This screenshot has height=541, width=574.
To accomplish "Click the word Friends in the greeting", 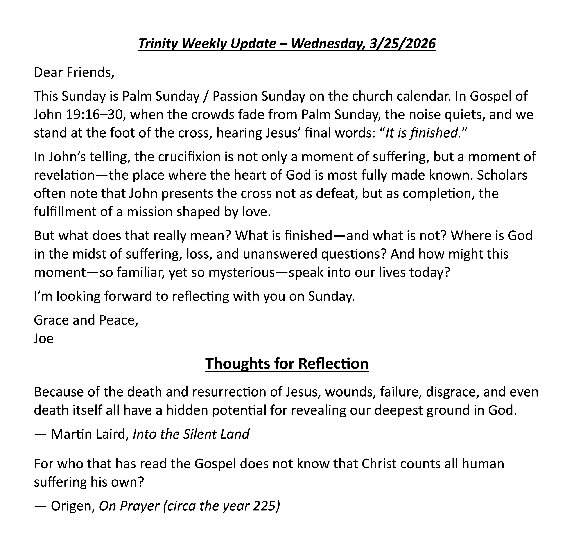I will coord(90,72).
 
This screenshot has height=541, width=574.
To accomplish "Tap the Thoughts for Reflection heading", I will coord(287,363).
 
